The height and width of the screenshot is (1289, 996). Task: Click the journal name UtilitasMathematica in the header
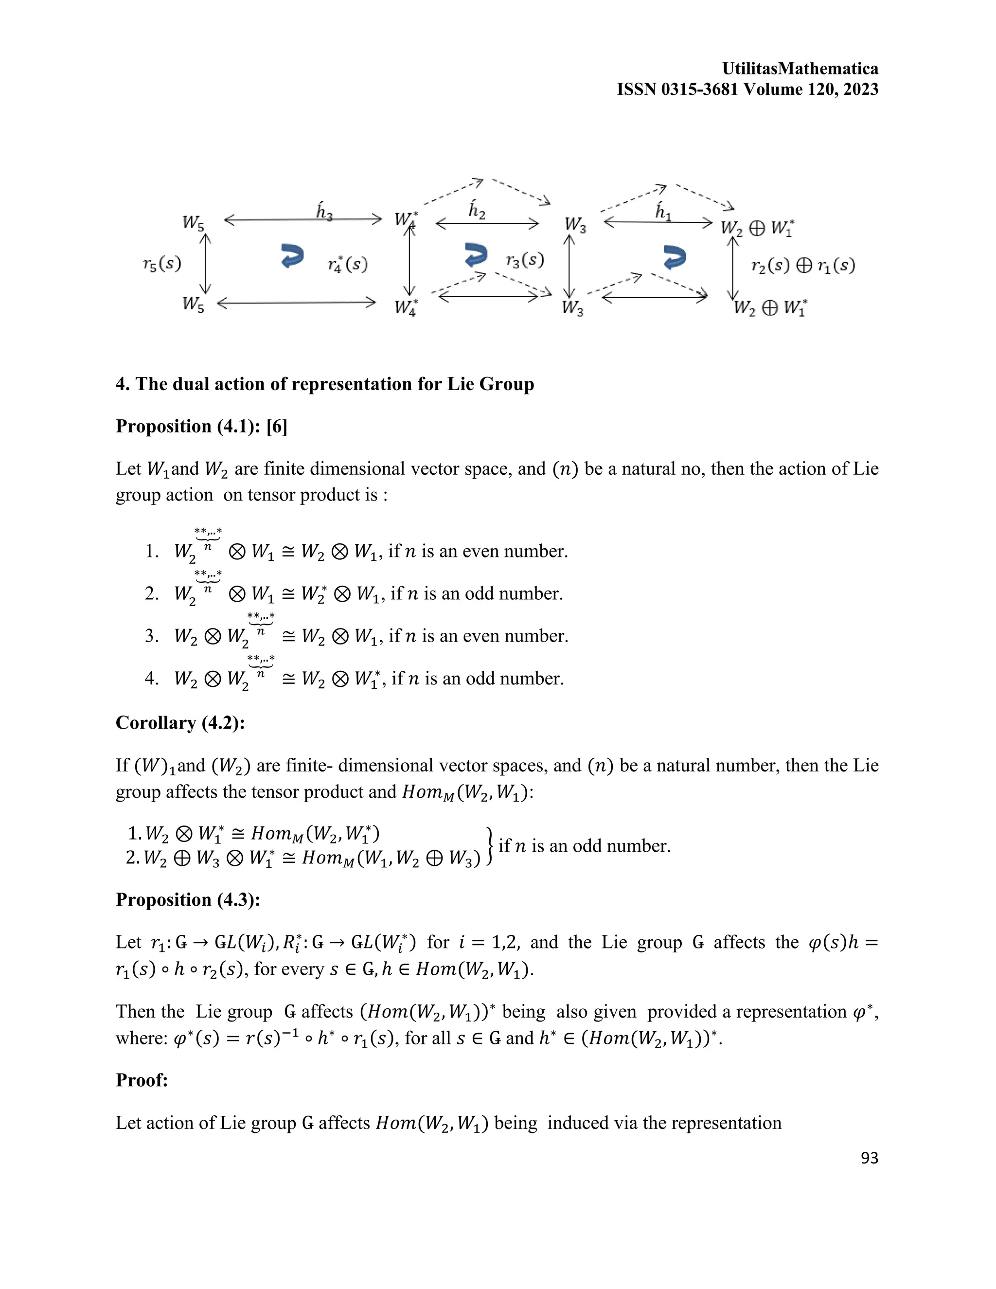(800, 69)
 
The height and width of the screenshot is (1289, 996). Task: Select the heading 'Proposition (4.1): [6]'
(201, 426)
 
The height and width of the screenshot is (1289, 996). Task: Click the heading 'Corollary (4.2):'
(180, 722)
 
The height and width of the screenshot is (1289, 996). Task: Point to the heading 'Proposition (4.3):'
(188, 899)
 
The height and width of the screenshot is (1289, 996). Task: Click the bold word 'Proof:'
(142, 1080)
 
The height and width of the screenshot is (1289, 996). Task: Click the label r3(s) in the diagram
(525, 260)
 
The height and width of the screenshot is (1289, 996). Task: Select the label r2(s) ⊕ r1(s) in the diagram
(803, 266)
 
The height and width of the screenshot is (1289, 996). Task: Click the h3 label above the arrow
(324, 211)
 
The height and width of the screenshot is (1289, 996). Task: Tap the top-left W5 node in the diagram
(194, 222)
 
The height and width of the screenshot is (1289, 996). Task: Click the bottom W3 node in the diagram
(572, 307)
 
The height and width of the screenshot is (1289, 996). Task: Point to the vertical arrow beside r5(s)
(205, 263)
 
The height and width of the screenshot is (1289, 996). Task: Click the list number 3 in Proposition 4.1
(152, 636)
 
